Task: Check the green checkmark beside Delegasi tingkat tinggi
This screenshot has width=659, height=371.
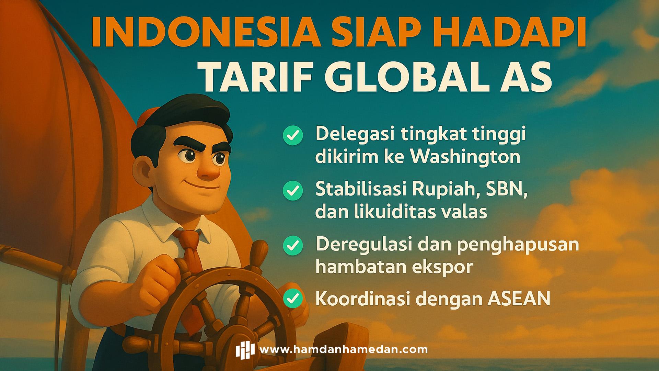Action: (x=293, y=135)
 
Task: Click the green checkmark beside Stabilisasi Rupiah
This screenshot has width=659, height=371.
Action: (x=293, y=190)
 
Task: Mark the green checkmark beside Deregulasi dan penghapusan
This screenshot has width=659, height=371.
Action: (x=293, y=245)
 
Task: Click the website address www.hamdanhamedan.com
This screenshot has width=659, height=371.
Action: (x=344, y=350)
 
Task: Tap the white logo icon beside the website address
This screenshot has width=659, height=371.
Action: (x=245, y=350)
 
